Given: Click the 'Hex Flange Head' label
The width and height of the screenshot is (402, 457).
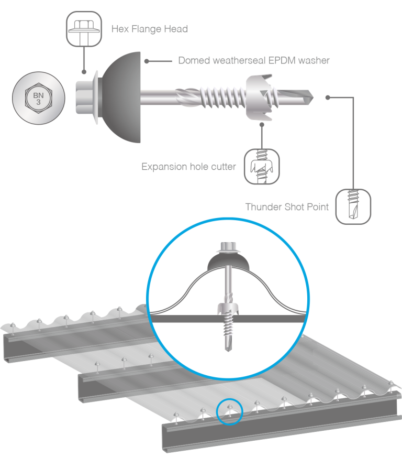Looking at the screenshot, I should tap(149, 29).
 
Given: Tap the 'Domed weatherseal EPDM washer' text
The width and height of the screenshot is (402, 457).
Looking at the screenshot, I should tap(253, 60).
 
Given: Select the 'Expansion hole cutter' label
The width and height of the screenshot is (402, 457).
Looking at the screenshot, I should tap(189, 167).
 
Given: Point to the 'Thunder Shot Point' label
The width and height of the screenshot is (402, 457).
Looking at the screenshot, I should tap(287, 206).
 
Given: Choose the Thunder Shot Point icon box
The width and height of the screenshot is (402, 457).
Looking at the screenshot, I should tap(353, 208).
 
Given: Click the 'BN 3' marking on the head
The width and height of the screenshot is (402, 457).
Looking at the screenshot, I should tap(38, 98).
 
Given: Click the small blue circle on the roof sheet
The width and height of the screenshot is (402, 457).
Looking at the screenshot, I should tap(229, 411).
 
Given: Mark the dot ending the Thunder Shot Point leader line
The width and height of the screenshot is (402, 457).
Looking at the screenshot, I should tap(328, 97).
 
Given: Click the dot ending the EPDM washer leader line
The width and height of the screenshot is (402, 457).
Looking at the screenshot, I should tap(147, 61).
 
